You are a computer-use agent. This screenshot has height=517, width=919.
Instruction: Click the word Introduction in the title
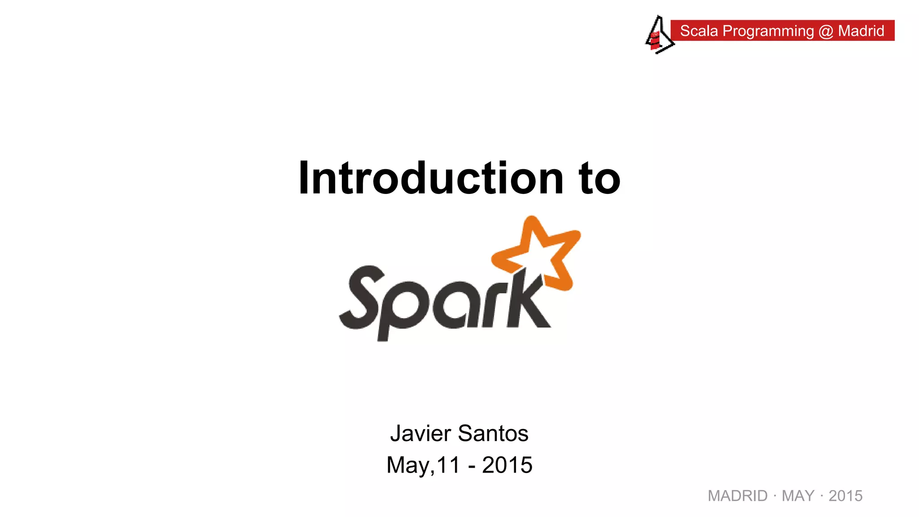click(431, 178)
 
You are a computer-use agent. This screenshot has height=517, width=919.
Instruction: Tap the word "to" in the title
click(600, 179)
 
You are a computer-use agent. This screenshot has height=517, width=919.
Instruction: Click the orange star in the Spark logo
click(538, 254)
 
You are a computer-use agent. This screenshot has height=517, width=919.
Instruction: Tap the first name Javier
click(420, 434)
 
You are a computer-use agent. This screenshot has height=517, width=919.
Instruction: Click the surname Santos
click(493, 434)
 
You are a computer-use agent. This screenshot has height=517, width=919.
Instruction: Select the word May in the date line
click(408, 465)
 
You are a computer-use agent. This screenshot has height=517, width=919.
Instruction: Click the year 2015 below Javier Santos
click(507, 465)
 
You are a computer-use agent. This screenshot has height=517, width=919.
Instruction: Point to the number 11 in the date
click(448, 465)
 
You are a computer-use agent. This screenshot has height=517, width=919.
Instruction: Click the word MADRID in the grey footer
click(737, 496)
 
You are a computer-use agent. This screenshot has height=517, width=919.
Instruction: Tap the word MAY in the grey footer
click(798, 496)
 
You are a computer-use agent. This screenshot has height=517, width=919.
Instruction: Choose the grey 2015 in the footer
click(845, 496)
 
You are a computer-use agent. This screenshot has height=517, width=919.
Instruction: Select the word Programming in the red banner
click(768, 31)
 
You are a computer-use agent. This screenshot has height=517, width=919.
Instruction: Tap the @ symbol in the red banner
click(826, 31)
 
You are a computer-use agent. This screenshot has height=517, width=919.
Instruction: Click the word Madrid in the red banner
click(861, 31)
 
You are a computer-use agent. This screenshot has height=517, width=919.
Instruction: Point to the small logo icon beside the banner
click(658, 35)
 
